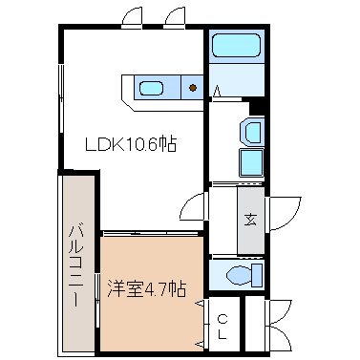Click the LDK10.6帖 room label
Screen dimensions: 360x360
tap(132, 144)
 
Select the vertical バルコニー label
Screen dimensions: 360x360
tap(76, 264)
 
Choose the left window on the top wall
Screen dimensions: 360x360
tap(133, 18)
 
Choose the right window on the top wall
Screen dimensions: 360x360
tap(176, 18)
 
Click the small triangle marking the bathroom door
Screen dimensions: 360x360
tap(220, 92)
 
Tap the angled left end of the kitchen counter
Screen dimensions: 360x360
tap(124, 92)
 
